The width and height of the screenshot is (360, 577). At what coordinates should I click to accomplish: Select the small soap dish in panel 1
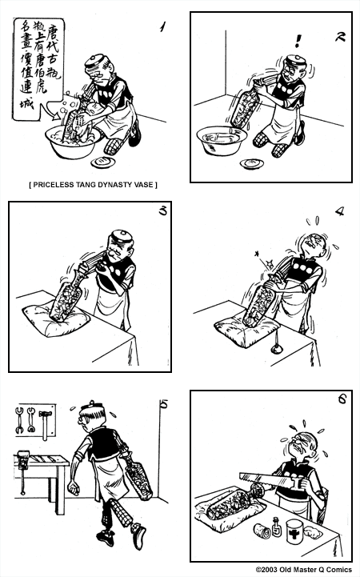point(102,162)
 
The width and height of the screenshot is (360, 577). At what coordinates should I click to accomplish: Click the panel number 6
point(341,400)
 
